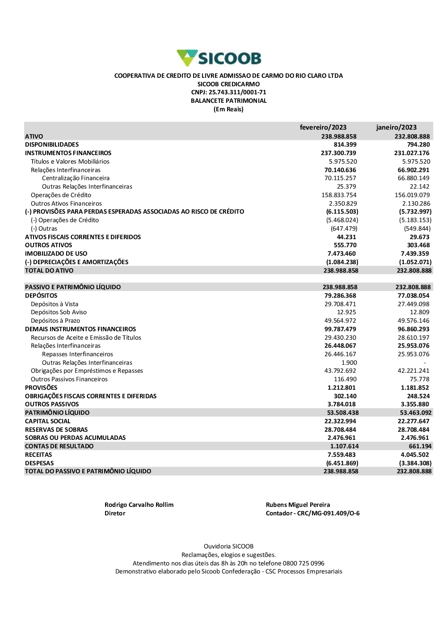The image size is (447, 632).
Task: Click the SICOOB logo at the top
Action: point(219,58)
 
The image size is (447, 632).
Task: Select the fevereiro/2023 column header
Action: point(323,127)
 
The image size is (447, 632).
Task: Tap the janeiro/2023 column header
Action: point(396,127)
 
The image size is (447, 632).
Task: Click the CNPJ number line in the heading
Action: point(228,93)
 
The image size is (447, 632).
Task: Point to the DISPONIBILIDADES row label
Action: point(52,145)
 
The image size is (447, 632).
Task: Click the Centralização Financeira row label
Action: point(76,178)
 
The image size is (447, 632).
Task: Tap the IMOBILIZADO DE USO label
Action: point(56,254)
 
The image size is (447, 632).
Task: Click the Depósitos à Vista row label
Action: point(55,304)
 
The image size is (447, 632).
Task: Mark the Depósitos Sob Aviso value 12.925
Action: point(346,312)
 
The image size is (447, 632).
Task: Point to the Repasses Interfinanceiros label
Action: point(77,354)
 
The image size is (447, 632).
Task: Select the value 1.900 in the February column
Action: point(349,363)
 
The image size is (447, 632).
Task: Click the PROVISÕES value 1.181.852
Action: point(415,388)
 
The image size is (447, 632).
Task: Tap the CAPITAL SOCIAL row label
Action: point(48,421)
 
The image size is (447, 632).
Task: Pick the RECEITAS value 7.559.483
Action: point(342,455)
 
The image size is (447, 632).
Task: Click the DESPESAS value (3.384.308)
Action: point(415,463)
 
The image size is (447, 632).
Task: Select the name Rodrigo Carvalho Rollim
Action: point(139,505)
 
